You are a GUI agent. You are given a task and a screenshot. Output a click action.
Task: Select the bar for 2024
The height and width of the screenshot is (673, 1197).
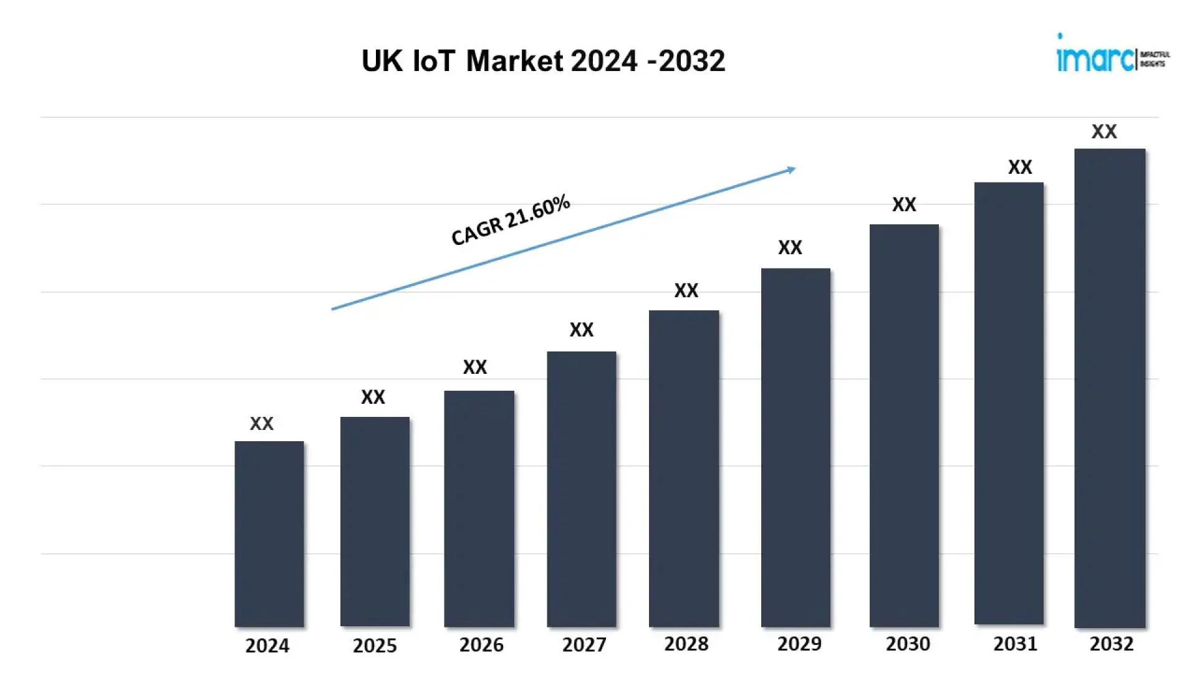point(269,534)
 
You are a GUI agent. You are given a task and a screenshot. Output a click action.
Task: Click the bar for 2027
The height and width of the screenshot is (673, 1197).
point(582,489)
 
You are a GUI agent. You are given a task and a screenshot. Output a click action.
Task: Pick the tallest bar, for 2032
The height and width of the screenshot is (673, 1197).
point(1110,388)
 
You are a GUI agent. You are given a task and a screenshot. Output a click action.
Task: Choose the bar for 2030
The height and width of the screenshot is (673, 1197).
point(904,426)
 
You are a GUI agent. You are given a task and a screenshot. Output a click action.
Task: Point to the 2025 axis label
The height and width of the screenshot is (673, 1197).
point(375,646)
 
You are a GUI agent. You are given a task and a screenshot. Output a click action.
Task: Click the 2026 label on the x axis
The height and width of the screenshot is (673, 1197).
point(481,645)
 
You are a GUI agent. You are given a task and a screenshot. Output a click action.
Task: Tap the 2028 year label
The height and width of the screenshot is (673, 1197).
point(686,644)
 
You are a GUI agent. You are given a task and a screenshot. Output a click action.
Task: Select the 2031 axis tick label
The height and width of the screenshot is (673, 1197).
point(1015,644)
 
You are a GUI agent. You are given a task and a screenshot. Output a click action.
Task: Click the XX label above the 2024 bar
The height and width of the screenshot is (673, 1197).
point(262,424)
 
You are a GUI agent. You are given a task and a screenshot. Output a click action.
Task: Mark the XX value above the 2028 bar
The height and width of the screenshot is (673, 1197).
point(686,290)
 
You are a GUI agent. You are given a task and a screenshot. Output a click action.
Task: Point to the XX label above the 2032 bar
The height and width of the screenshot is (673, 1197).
point(1104,131)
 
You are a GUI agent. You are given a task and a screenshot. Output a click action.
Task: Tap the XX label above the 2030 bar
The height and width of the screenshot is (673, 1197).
point(904,204)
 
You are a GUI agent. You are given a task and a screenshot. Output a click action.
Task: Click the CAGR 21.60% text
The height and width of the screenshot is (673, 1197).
point(510,220)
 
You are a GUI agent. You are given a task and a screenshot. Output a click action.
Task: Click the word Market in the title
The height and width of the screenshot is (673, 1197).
point(514,61)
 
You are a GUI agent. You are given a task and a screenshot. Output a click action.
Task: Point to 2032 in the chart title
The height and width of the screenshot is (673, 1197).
point(692,61)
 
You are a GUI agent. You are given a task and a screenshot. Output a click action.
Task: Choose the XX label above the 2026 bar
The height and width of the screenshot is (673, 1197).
point(475,367)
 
